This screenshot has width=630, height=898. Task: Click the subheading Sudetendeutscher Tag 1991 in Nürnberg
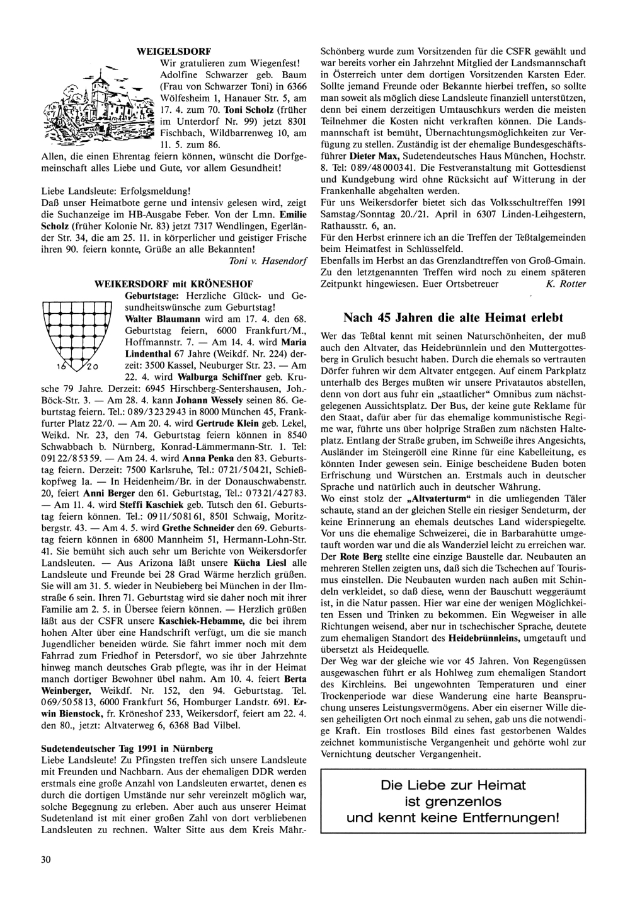coord(127,748)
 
